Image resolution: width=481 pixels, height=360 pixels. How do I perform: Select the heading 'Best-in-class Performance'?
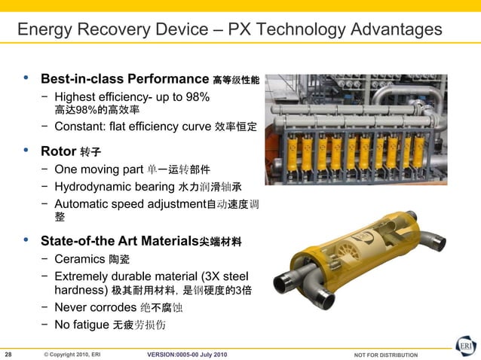(x=124, y=79)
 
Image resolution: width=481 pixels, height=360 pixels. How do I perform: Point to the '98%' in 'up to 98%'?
(x=197, y=97)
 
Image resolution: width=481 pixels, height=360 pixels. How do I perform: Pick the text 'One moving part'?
(x=99, y=168)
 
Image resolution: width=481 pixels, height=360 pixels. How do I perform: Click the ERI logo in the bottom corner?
(x=465, y=347)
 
